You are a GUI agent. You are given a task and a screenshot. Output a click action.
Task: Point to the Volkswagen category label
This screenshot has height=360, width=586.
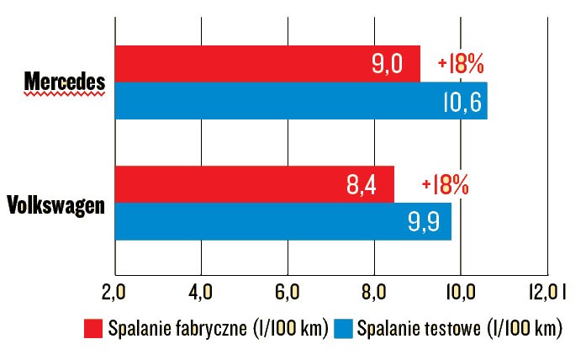(x=55, y=204)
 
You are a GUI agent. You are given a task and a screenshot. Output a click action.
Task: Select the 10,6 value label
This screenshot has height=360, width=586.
(x=460, y=101)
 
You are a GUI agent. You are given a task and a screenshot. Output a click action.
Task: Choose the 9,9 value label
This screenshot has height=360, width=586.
(x=425, y=222)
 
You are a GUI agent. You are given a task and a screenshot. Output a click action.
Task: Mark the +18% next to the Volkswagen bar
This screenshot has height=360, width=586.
(x=444, y=185)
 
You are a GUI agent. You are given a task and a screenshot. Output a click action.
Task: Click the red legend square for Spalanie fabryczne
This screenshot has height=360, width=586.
(x=92, y=328)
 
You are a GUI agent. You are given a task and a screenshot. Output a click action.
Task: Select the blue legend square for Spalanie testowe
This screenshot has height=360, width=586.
(x=342, y=328)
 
